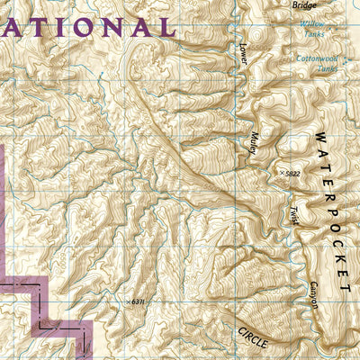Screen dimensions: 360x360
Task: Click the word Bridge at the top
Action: click(305, 4)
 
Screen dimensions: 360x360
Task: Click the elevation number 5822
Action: click(289, 174)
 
